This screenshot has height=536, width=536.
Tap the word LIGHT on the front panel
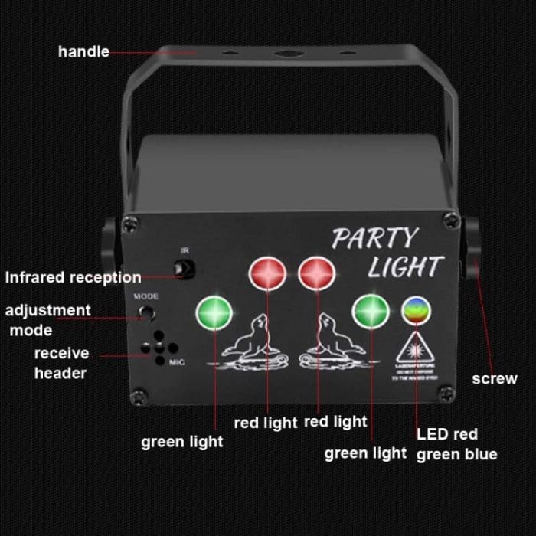point(404,267)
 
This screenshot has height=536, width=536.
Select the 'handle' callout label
point(83,52)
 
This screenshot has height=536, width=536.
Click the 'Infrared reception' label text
point(73,277)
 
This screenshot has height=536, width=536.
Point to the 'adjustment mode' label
point(47,320)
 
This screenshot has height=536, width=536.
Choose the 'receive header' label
point(60,363)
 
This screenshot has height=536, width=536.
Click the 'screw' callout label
point(494,378)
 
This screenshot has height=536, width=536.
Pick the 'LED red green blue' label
point(457,444)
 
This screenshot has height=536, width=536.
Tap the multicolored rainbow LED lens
point(417,311)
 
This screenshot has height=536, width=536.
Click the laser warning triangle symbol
point(417,348)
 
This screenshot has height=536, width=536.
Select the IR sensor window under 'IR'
point(184,270)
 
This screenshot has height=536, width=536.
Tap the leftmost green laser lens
point(214,312)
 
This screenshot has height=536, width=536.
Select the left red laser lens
point(267,273)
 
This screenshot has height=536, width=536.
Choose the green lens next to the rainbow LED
point(371,310)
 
